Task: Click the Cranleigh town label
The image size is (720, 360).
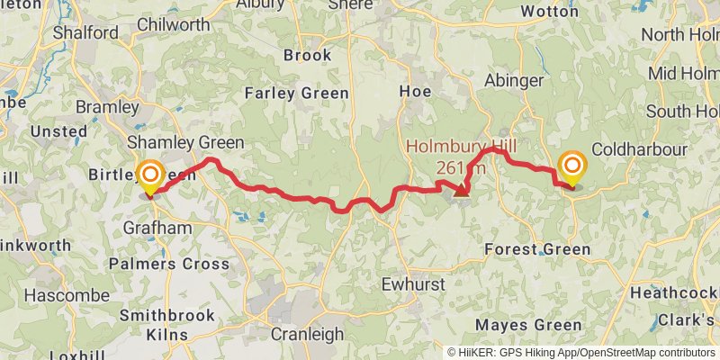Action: pyautogui.click(x=306, y=334)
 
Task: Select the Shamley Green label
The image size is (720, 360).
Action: pyautogui.click(x=185, y=142)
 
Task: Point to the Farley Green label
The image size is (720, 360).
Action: pyautogui.click(x=289, y=92)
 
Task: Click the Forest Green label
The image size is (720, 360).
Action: pyautogui.click(x=536, y=249)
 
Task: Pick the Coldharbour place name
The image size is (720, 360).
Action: pyautogui.click(x=640, y=149)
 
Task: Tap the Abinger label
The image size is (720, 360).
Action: pyautogui.click(x=514, y=80)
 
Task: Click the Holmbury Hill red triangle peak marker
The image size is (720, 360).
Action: pyautogui.click(x=462, y=190)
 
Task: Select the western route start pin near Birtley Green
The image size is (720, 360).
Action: pyautogui.click(x=149, y=174)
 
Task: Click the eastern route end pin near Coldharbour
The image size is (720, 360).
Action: pyautogui.click(x=571, y=166)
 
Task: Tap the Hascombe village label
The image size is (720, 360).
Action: pyautogui.click(x=54, y=295)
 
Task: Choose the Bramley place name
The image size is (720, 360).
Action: pyautogui.click(x=107, y=108)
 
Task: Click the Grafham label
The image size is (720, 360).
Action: pyautogui.click(x=157, y=228)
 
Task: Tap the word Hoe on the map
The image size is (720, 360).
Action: pyautogui.click(x=416, y=92)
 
